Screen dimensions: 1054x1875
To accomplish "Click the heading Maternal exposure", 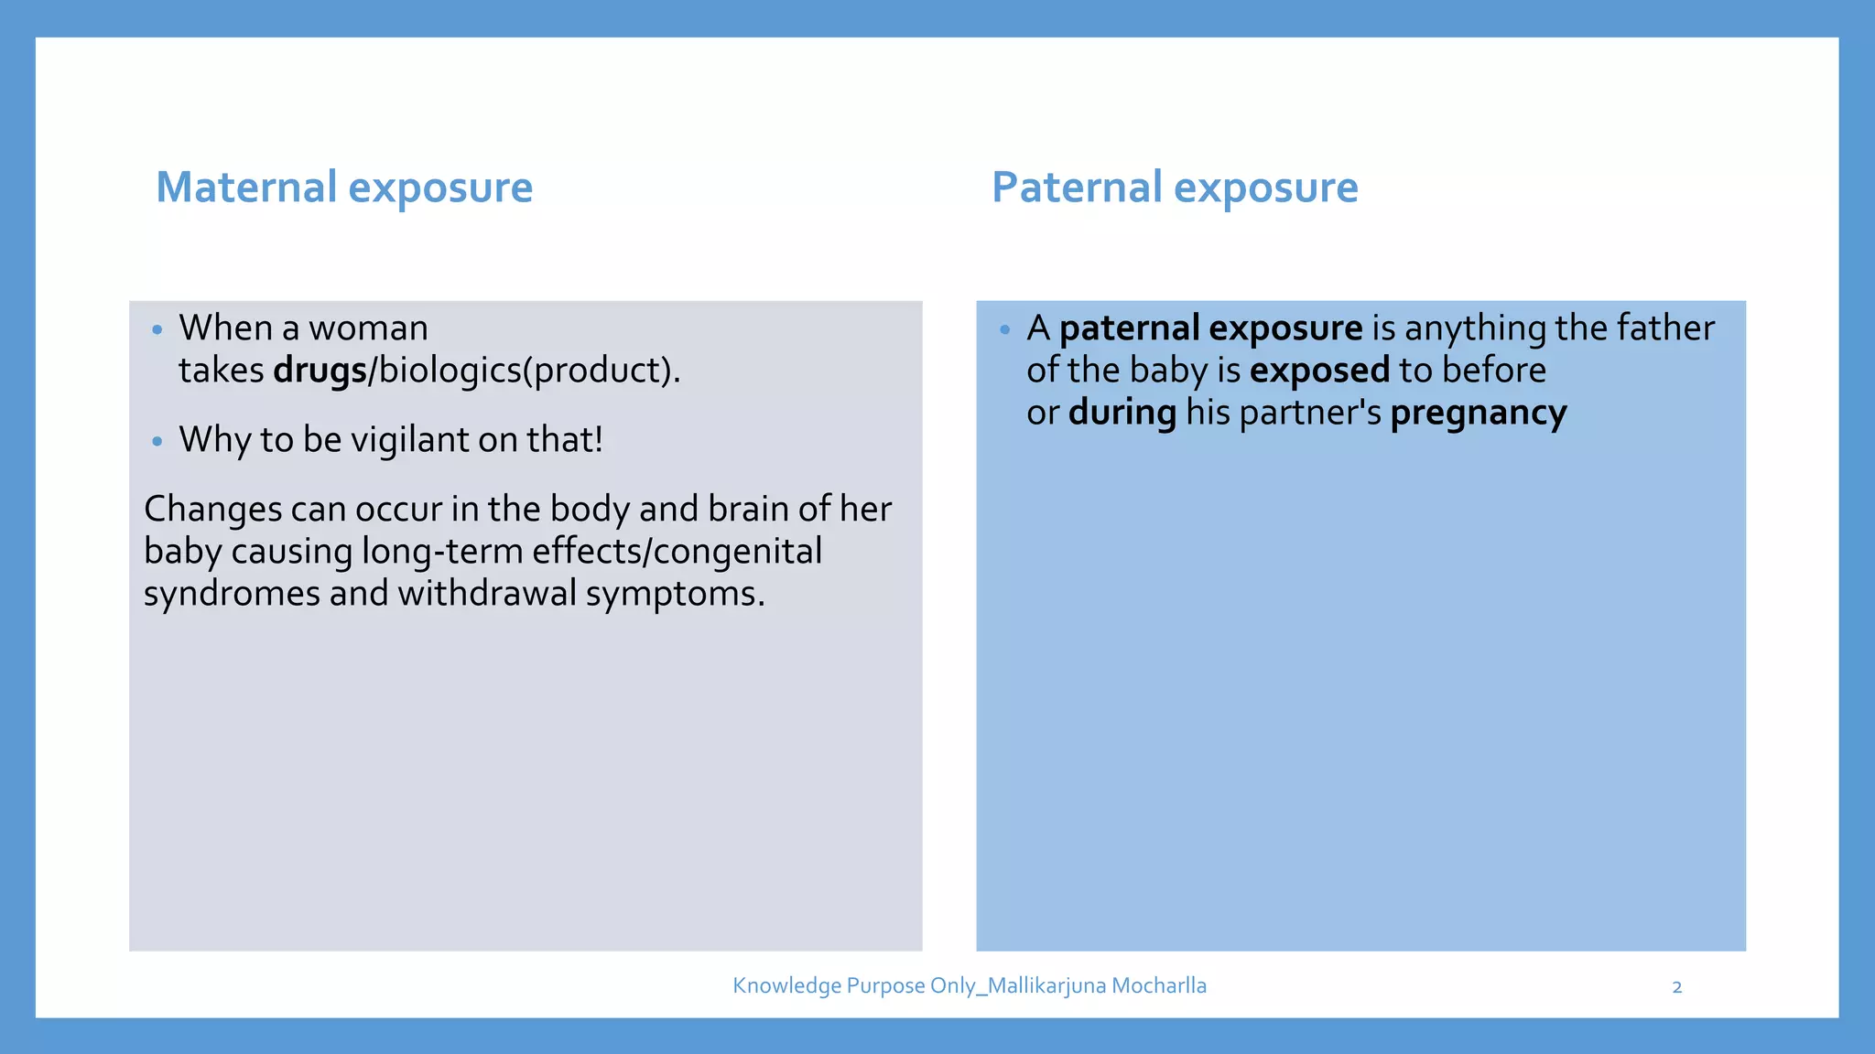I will click(344, 188).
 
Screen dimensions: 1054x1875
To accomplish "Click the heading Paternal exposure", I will click(1175, 188).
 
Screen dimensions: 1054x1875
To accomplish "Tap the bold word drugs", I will click(320, 371).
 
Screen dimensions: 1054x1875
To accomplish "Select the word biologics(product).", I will click(529, 371).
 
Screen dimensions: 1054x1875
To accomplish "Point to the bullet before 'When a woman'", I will click(157, 329).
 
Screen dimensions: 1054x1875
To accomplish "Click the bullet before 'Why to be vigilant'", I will click(157, 441).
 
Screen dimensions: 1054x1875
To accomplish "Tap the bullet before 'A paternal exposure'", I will click(1004, 329).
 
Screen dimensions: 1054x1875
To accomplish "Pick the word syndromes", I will click(232, 595).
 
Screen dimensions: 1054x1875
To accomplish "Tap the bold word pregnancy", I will click(1479, 414).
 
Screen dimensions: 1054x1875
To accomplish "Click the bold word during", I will click(1122, 414).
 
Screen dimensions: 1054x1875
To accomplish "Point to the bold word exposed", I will click(1319, 371).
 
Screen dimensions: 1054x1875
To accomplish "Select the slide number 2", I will click(1676, 987).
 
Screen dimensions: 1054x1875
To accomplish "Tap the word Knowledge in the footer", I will click(786, 985).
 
